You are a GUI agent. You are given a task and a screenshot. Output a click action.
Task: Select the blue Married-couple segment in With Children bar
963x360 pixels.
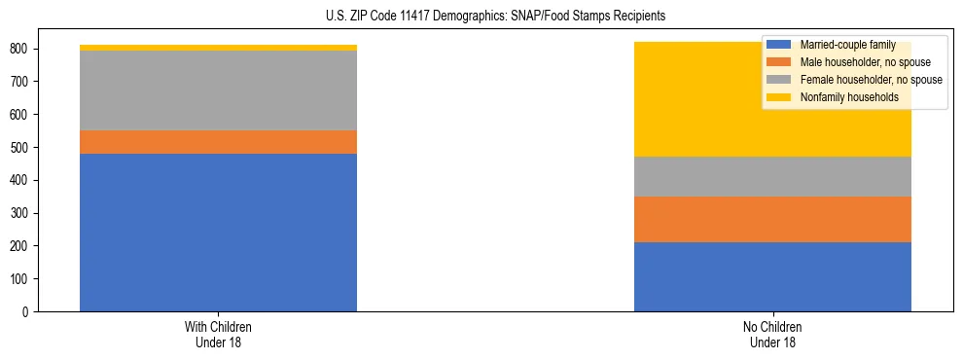tap(218, 233)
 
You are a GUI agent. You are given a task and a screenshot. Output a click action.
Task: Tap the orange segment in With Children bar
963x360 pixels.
tap(218, 142)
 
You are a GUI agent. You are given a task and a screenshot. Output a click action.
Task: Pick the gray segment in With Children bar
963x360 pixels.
tap(218, 90)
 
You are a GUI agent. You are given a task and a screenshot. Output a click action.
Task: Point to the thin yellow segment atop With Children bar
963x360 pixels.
tap(218, 48)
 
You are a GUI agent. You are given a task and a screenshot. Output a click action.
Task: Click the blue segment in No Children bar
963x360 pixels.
tap(772, 276)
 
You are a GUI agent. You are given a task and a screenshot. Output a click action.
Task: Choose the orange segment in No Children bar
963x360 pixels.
tap(772, 219)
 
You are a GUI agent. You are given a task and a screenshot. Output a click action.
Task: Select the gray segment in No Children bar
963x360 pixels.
tap(772, 176)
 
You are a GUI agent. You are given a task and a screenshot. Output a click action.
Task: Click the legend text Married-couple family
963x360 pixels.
tap(848, 45)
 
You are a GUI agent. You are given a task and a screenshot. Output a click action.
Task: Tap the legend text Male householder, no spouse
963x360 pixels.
tap(865, 62)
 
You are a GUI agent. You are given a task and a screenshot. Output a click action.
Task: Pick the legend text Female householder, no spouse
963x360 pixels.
tap(871, 80)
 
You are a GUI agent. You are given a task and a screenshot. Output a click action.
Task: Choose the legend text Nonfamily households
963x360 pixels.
tap(849, 97)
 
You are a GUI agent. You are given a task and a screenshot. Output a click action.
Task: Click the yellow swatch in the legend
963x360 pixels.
tap(779, 97)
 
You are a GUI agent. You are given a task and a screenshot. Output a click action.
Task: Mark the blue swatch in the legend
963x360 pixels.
tap(779, 45)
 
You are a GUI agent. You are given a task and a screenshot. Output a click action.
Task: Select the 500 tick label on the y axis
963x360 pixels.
tap(24, 148)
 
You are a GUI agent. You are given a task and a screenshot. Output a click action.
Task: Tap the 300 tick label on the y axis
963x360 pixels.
tap(24, 213)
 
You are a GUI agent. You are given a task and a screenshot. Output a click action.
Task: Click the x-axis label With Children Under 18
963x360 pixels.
tap(218, 334)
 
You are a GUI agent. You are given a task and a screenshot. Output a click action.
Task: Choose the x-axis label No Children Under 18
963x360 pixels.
tap(772, 334)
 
